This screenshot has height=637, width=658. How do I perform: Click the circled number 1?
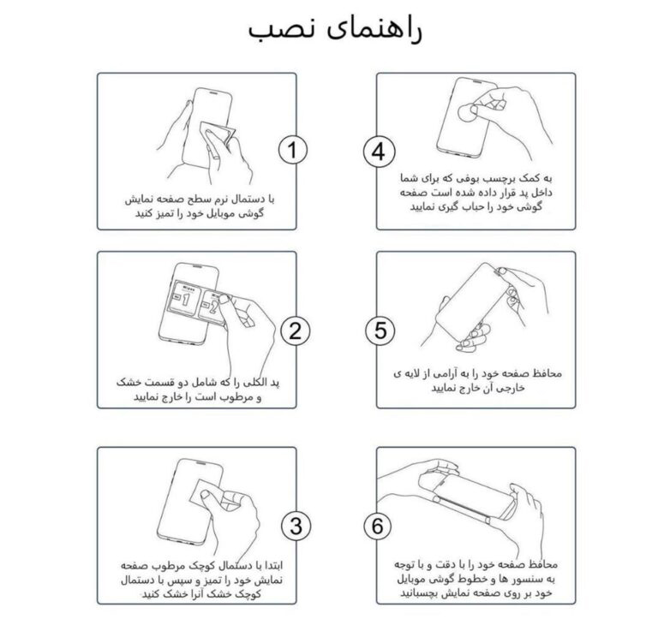[x=292, y=150]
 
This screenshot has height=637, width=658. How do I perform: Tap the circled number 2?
[x=295, y=330]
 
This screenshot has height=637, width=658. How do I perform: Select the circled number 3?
[x=296, y=526]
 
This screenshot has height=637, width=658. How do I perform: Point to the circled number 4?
[x=379, y=152]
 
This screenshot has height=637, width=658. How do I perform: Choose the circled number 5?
[x=380, y=330]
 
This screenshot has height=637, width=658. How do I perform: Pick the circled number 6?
[x=377, y=526]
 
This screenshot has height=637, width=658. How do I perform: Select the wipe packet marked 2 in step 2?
[x=212, y=308]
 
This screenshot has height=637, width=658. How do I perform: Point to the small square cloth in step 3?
[x=205, y=493]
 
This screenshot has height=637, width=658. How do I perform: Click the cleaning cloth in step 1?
[x=218, y=134]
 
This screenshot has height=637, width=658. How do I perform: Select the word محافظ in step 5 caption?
[x=546, y=373]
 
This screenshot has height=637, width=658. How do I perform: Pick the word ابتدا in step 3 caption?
[x=269, y=565]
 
